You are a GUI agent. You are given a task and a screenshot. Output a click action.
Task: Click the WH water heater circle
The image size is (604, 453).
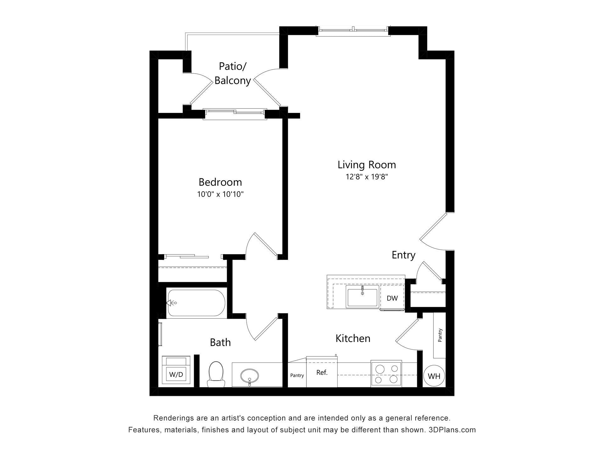434,376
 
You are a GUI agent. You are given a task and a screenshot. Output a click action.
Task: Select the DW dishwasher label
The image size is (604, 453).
392,298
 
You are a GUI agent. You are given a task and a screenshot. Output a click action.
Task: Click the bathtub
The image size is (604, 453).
196,303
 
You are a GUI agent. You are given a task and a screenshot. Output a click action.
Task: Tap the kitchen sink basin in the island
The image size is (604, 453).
362,296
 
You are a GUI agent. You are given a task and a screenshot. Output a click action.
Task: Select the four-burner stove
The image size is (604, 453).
386,374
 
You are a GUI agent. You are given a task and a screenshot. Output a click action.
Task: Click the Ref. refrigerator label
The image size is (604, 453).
322,372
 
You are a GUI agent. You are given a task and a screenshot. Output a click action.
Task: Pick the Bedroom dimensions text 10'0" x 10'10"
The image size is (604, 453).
220,194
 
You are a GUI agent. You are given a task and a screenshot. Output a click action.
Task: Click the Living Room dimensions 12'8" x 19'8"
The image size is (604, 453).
366,177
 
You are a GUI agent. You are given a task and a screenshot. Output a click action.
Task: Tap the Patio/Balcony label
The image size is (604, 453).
232,74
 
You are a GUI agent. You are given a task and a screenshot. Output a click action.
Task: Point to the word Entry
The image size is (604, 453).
403,255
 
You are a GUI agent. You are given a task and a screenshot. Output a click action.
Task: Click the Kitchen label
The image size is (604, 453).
353,338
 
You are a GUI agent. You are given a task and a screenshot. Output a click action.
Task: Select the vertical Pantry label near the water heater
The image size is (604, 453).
440,335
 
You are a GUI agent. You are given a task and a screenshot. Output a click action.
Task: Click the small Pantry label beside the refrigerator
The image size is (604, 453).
297,375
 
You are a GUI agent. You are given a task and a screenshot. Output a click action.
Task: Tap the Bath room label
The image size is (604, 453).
220,342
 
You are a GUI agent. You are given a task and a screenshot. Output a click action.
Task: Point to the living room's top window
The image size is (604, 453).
353,30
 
